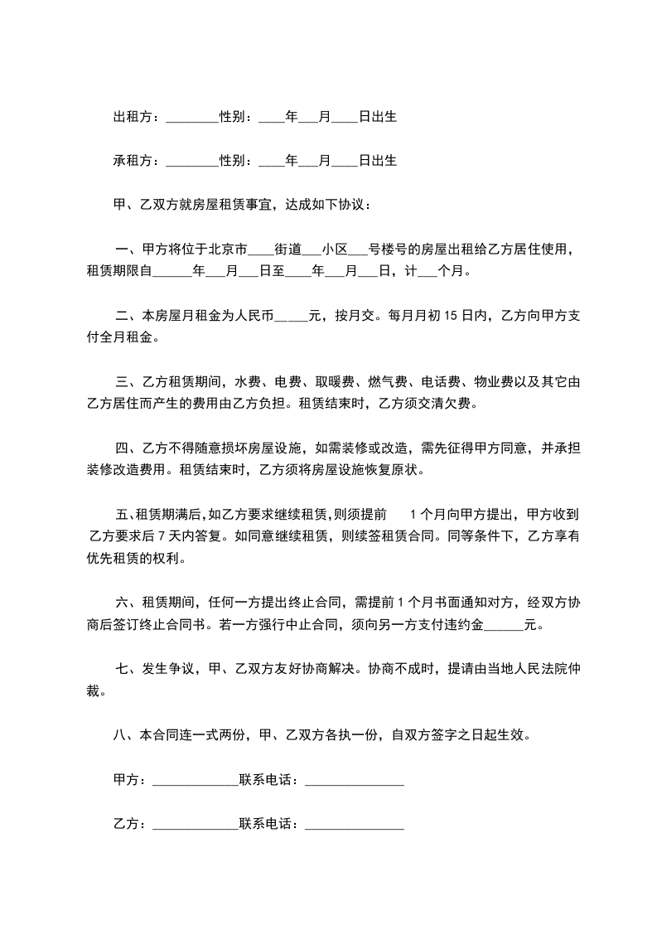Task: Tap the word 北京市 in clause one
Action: (x=227, y=249)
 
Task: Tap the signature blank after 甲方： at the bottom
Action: (x=196, y=781)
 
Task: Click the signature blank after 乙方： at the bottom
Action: (x=196, y=826)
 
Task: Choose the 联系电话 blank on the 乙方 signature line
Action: (x=355, y=826)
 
